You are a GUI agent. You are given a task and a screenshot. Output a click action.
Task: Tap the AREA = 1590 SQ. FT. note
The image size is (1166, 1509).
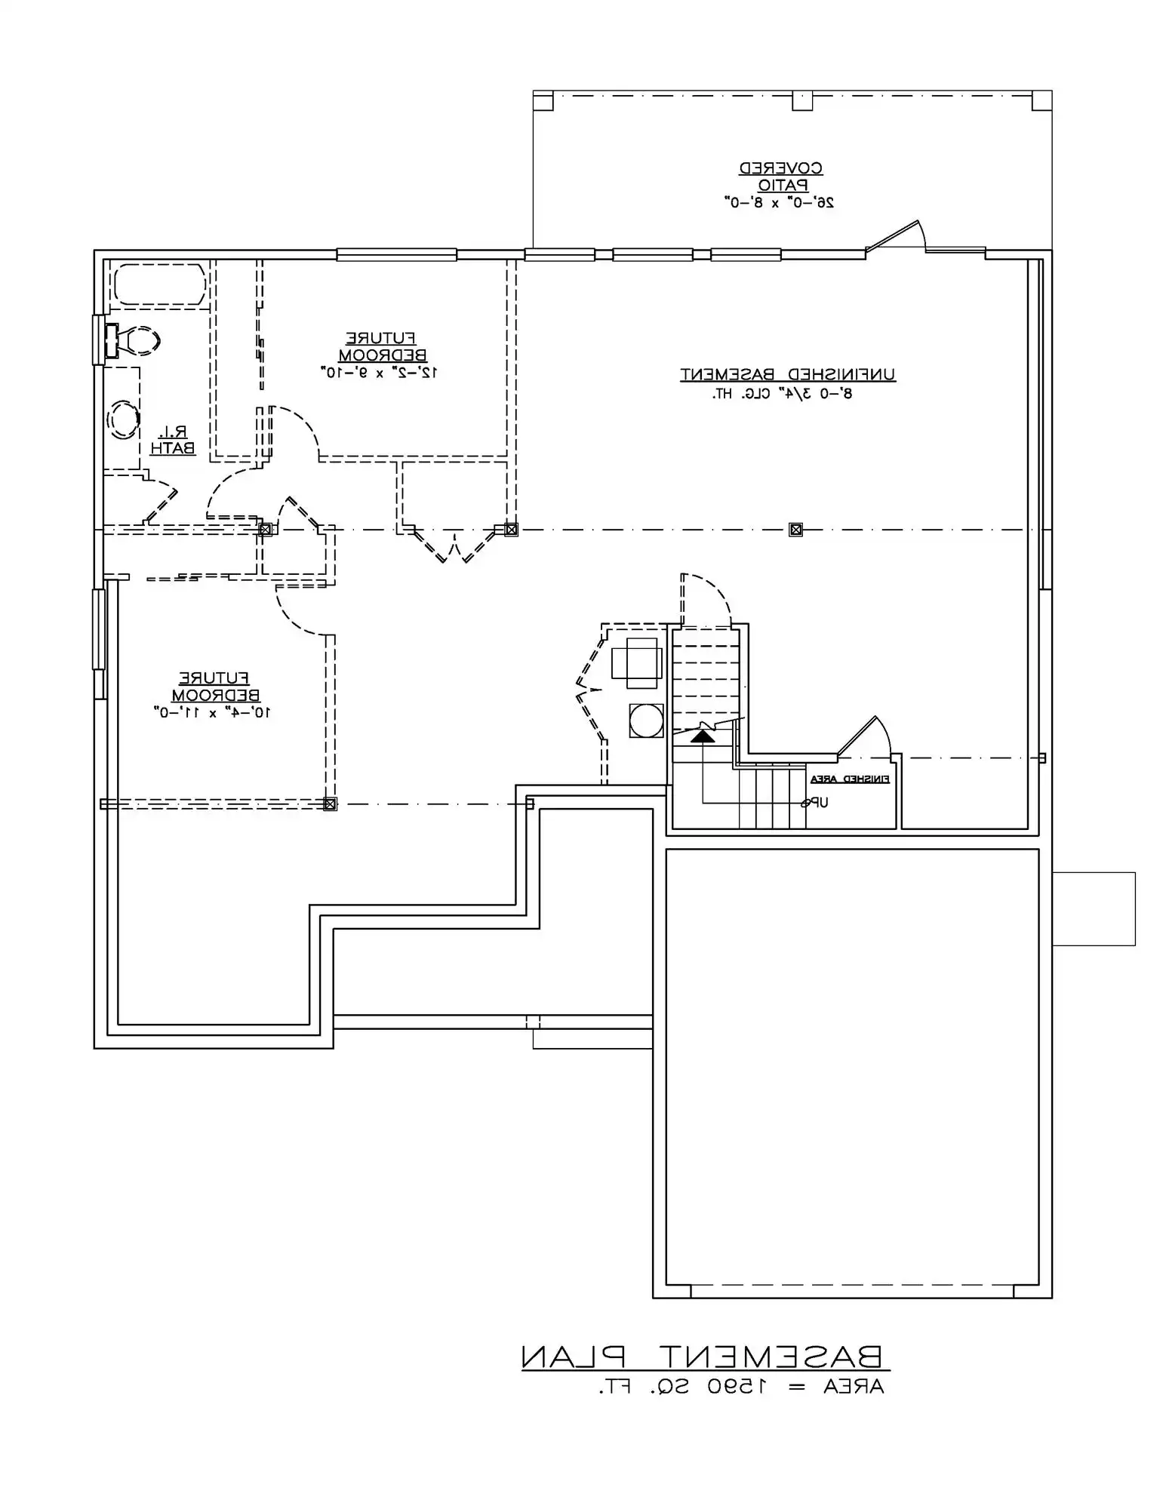pos(741,1387)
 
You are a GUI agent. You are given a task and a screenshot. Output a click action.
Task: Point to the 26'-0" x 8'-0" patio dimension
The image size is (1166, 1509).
pos(780,202)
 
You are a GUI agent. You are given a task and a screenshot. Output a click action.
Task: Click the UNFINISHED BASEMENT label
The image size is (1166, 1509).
pos(788,374)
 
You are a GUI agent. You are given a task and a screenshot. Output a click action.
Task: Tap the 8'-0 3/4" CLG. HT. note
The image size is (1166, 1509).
pos(782,394)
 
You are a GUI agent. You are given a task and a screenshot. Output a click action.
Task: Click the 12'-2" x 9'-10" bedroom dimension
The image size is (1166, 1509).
pos(381,372)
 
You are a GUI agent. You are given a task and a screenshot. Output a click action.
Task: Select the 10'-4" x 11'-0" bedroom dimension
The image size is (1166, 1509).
pos(213,711)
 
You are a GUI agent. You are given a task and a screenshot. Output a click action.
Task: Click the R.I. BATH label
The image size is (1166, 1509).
pos(173,440)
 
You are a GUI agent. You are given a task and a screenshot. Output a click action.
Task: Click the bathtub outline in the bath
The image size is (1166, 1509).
pos(159,284)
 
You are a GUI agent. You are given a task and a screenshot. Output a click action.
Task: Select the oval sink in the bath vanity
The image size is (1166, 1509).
pos(123,420)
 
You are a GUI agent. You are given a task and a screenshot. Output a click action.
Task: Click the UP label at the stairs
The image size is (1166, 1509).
pos(815,803)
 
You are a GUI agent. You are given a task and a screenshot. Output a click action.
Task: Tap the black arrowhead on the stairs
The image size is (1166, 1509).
pos(703,735)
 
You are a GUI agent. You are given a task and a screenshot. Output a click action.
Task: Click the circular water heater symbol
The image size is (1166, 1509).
pos(646,721)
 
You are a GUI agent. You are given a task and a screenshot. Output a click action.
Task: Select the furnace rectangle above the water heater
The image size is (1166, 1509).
pos(634,662)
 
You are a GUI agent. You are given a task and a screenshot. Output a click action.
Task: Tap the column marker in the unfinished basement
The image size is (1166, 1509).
pos(795,530)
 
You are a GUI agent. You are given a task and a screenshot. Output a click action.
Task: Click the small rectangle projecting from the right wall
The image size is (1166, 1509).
pos(1094,908)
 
